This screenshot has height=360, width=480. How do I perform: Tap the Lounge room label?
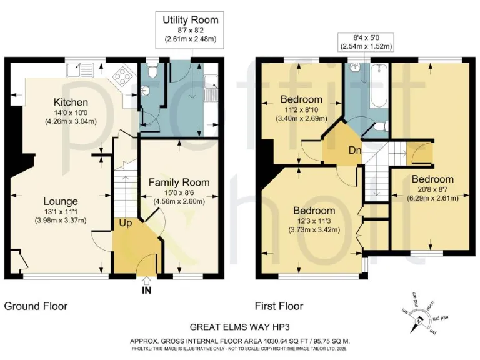(x=61, y=201)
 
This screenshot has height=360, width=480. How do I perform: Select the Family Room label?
(x=179, y=182)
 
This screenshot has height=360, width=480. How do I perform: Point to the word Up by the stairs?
(x=126, y=222)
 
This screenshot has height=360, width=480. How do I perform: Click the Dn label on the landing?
(x=354, y=149)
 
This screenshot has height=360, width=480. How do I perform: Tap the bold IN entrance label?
(x=146, y=291)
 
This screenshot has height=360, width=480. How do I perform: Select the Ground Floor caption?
(x=36, y=306)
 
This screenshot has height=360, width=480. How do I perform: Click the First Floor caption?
(x=279, y=306)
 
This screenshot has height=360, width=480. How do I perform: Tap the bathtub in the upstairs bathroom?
(x=377, y=89)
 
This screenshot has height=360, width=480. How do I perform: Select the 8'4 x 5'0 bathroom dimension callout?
(x=366, y=41)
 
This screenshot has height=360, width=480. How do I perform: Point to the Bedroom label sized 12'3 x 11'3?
(x=314, y=211)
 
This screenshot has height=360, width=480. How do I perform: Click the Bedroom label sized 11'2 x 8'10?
(x=301, y=99)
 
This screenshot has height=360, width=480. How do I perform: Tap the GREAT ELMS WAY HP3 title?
(x=240, y=327)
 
